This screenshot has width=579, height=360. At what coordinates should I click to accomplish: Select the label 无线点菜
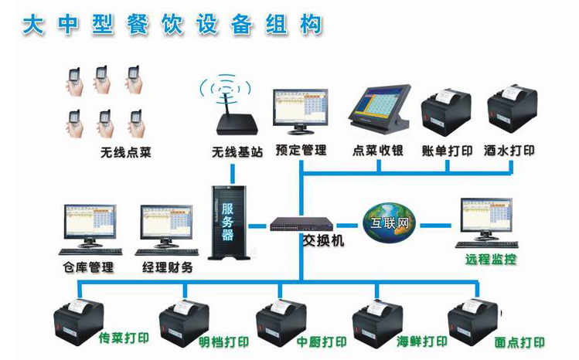125,152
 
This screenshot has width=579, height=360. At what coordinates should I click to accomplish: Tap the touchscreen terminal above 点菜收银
376,108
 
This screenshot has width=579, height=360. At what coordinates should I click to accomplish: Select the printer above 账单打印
446,116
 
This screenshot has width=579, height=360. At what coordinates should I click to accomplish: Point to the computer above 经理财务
165,227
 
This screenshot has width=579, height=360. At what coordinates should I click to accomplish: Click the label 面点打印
519,342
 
